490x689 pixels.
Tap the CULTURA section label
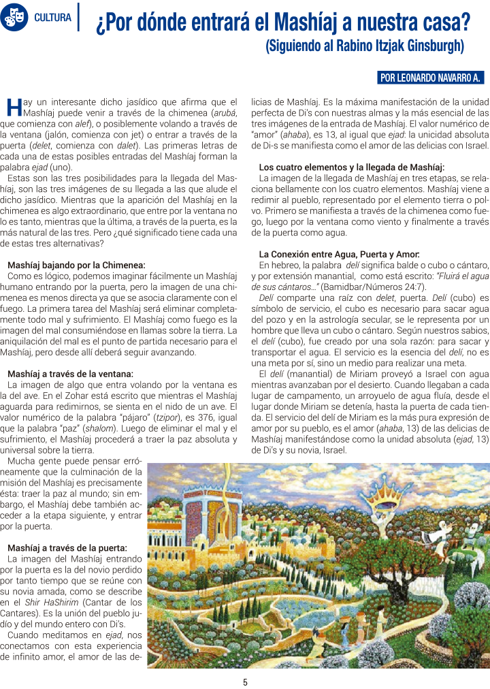coord(52,17)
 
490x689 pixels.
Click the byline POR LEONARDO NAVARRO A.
coord(430,78)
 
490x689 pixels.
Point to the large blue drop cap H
coord(14,107)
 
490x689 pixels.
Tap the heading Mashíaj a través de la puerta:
coord(67,547)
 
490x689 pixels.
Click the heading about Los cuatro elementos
coord(352,167)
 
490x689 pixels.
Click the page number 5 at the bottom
coord(245,682)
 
